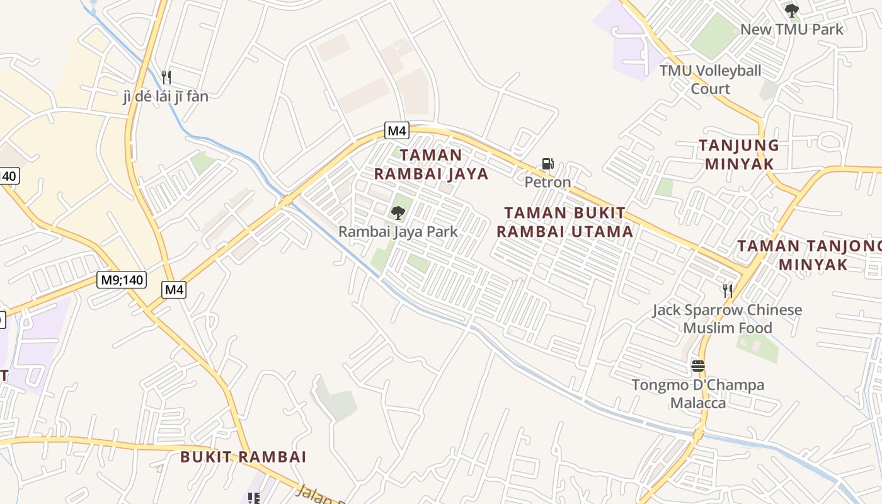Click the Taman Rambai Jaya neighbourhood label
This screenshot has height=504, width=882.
pyautogui.click(x=432, y=164)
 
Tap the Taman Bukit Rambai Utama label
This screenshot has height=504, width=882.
pyautogui.click(x=564, y=222)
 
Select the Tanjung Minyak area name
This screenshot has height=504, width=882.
pyautogui.click(x=739, y=154)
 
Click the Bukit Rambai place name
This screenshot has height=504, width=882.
pyautogui.click(x=243, y=457)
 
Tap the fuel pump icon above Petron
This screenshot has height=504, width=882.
pyautogui.click(x=547, y=164)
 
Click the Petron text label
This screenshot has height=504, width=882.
pyautogui.click(x=547, y=182)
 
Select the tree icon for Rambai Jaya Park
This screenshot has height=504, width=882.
pyautogui.click(x=398, y=213)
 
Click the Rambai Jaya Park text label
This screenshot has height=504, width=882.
pyautogui.click(x=398, y=231)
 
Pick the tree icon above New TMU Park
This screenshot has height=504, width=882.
pyautogui.click(x=792, y=11)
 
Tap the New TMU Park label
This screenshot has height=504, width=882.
pyautogui.click(x=791, y=29)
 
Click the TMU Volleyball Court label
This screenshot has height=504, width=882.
pyautogui.click(x=710, y=79)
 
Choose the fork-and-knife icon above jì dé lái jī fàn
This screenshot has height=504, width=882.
pyautogui.click(x=166, y=77)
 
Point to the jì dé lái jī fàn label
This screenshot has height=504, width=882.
pyautogui.click(x=165, y=96)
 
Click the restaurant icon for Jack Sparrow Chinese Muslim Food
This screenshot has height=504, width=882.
pyautogui.click(x=728, y=290)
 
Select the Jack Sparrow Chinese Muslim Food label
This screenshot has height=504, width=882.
pyautogui.click(x=727, y=319)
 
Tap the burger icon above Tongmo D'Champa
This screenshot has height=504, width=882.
pyautogui.click(x=697, y=366)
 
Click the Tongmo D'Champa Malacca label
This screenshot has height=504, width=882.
pyautogui.click(x=697, y=394)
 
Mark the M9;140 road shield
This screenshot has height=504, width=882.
pyautogui.click(x=122, y=279)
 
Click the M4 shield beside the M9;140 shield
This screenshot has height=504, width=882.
pyautogui.click(x=174, y=290)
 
